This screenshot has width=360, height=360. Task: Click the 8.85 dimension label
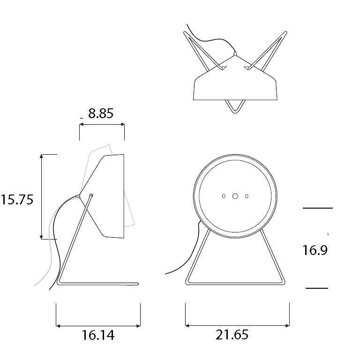click(x=101, y=113)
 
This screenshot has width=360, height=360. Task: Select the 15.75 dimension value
click(x=17, y=199)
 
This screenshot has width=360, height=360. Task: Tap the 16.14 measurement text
click(x=98, y=335)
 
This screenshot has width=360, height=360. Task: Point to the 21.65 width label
click(x=232, y=335)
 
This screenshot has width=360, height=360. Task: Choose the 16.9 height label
click(x=315, y=250)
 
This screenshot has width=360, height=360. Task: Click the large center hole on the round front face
click(x=235, y=196)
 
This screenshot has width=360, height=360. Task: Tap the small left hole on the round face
click(x=224, y=196)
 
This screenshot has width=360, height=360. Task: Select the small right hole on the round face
click(x=247, y=196)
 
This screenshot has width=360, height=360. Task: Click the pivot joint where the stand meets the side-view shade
click(x=91, y=195)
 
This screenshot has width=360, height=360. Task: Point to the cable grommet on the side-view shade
click(x=77, y=196)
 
